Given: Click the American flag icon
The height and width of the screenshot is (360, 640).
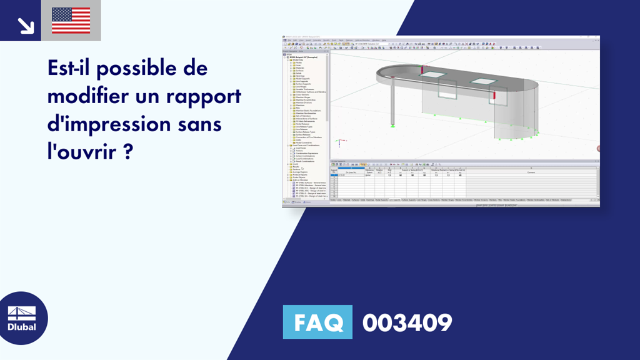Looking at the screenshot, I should [x=71, y=21].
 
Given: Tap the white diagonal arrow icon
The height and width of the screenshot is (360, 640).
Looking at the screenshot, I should [x=26, y=26].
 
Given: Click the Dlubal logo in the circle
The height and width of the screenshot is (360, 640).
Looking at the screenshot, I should [x=21, y=319].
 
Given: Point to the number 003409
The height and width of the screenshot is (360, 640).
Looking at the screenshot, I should [x=407, y=322].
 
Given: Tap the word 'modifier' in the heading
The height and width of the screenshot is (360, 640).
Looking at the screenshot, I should [x=87, y=96].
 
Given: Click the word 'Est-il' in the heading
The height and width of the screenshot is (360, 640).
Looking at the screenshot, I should [x=72, y=67].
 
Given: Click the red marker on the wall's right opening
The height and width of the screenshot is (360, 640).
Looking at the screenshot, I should [x=494, y=96].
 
